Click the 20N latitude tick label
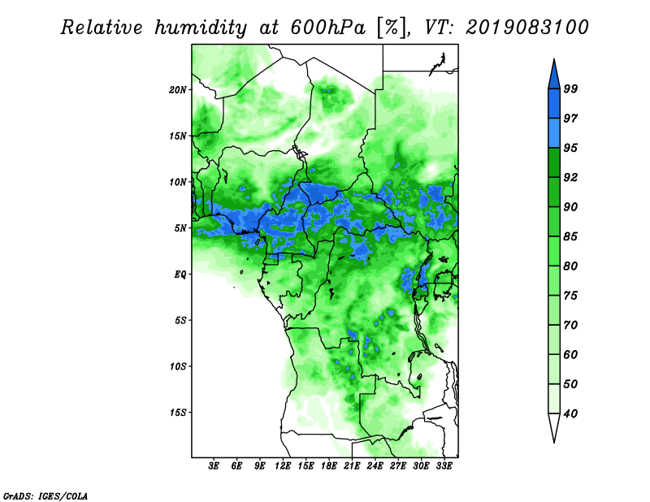pos(178,90)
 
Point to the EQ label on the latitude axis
pos(180,275)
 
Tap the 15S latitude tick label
pos(178,413)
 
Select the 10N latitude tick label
pos(178,182)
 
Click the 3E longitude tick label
pos(214,466)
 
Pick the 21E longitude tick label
pos(352,466)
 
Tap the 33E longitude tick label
pos(444,466)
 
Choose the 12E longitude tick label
pos(283,466)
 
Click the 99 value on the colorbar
pos(570,89)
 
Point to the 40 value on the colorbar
pos(570,413)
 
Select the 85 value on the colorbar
pos(570,236)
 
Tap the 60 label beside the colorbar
pos(570,355)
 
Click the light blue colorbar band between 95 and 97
pos(554,133)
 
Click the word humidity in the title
pos(201,28)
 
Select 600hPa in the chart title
pos(328,28)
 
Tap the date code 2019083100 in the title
pos(526,28)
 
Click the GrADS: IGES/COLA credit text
pos(45,496)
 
